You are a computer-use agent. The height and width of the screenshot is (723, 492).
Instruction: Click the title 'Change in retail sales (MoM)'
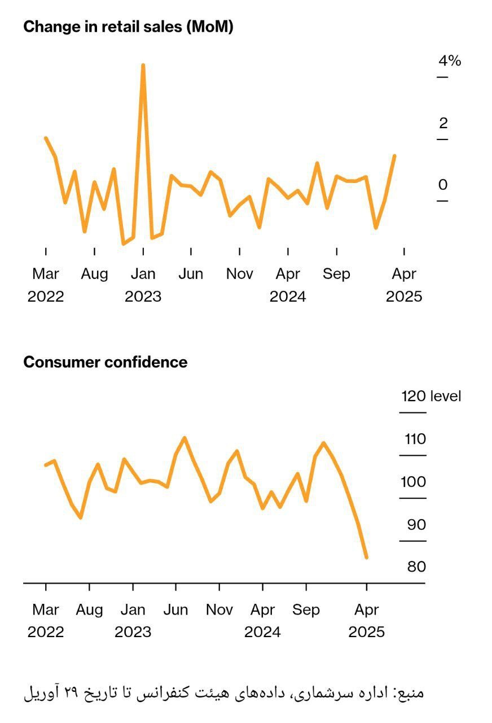128,27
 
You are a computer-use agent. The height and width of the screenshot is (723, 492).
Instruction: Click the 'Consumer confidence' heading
105,362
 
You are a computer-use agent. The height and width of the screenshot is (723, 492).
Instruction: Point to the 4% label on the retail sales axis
450,60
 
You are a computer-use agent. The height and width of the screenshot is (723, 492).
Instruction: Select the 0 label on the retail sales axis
443,185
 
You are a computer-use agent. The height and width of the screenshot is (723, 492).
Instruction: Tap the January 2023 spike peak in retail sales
143,66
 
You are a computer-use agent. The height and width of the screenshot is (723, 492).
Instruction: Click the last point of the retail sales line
394,156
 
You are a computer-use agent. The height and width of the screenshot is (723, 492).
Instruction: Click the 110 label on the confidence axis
415,439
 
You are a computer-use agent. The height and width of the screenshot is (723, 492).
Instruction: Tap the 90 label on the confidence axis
416,525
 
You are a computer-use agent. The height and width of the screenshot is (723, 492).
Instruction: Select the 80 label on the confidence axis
416,567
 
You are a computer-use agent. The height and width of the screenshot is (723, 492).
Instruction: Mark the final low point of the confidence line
367,558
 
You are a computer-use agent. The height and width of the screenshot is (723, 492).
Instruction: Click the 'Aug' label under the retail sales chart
94,274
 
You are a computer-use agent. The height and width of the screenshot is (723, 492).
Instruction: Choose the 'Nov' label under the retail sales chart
240,274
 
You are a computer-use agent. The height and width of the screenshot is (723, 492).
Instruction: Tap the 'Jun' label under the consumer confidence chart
175,610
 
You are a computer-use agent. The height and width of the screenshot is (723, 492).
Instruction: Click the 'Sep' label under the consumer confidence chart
306,610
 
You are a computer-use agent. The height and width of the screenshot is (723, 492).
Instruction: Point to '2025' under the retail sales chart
404,297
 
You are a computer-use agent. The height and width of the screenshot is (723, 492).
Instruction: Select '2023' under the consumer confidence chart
133,632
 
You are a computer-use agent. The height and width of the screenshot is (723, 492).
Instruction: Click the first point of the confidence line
46,465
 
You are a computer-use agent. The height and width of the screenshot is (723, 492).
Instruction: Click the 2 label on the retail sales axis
443,123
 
